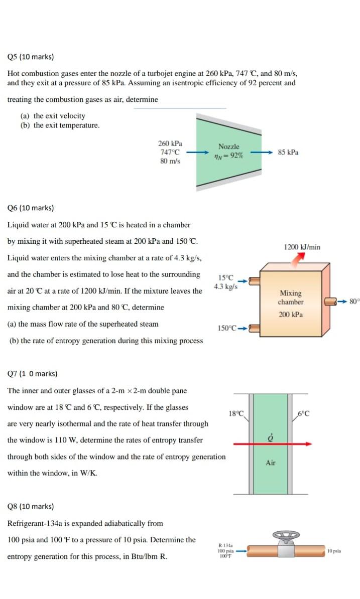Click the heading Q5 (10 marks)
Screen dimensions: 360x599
coord(31,57)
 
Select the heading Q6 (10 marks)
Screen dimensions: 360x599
coord(31,208)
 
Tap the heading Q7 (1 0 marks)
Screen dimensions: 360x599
coord(32,374)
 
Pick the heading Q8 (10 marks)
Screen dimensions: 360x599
coord(31,507)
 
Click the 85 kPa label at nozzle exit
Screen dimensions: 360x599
coord(288,152)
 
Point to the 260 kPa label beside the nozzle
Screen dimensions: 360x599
coord(170,143)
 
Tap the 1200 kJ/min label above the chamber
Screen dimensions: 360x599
coord(302,247)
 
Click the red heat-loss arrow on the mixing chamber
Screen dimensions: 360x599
coord(299,257)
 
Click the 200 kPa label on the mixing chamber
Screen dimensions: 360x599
coord(291,315)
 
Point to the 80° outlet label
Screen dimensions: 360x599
coord(355,302)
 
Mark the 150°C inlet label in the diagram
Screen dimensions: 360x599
coord(226,328)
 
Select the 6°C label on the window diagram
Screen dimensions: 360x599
coord(303,414)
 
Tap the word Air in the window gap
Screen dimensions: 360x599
coord(270,463)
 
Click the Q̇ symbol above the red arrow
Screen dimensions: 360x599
coord(271,434)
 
